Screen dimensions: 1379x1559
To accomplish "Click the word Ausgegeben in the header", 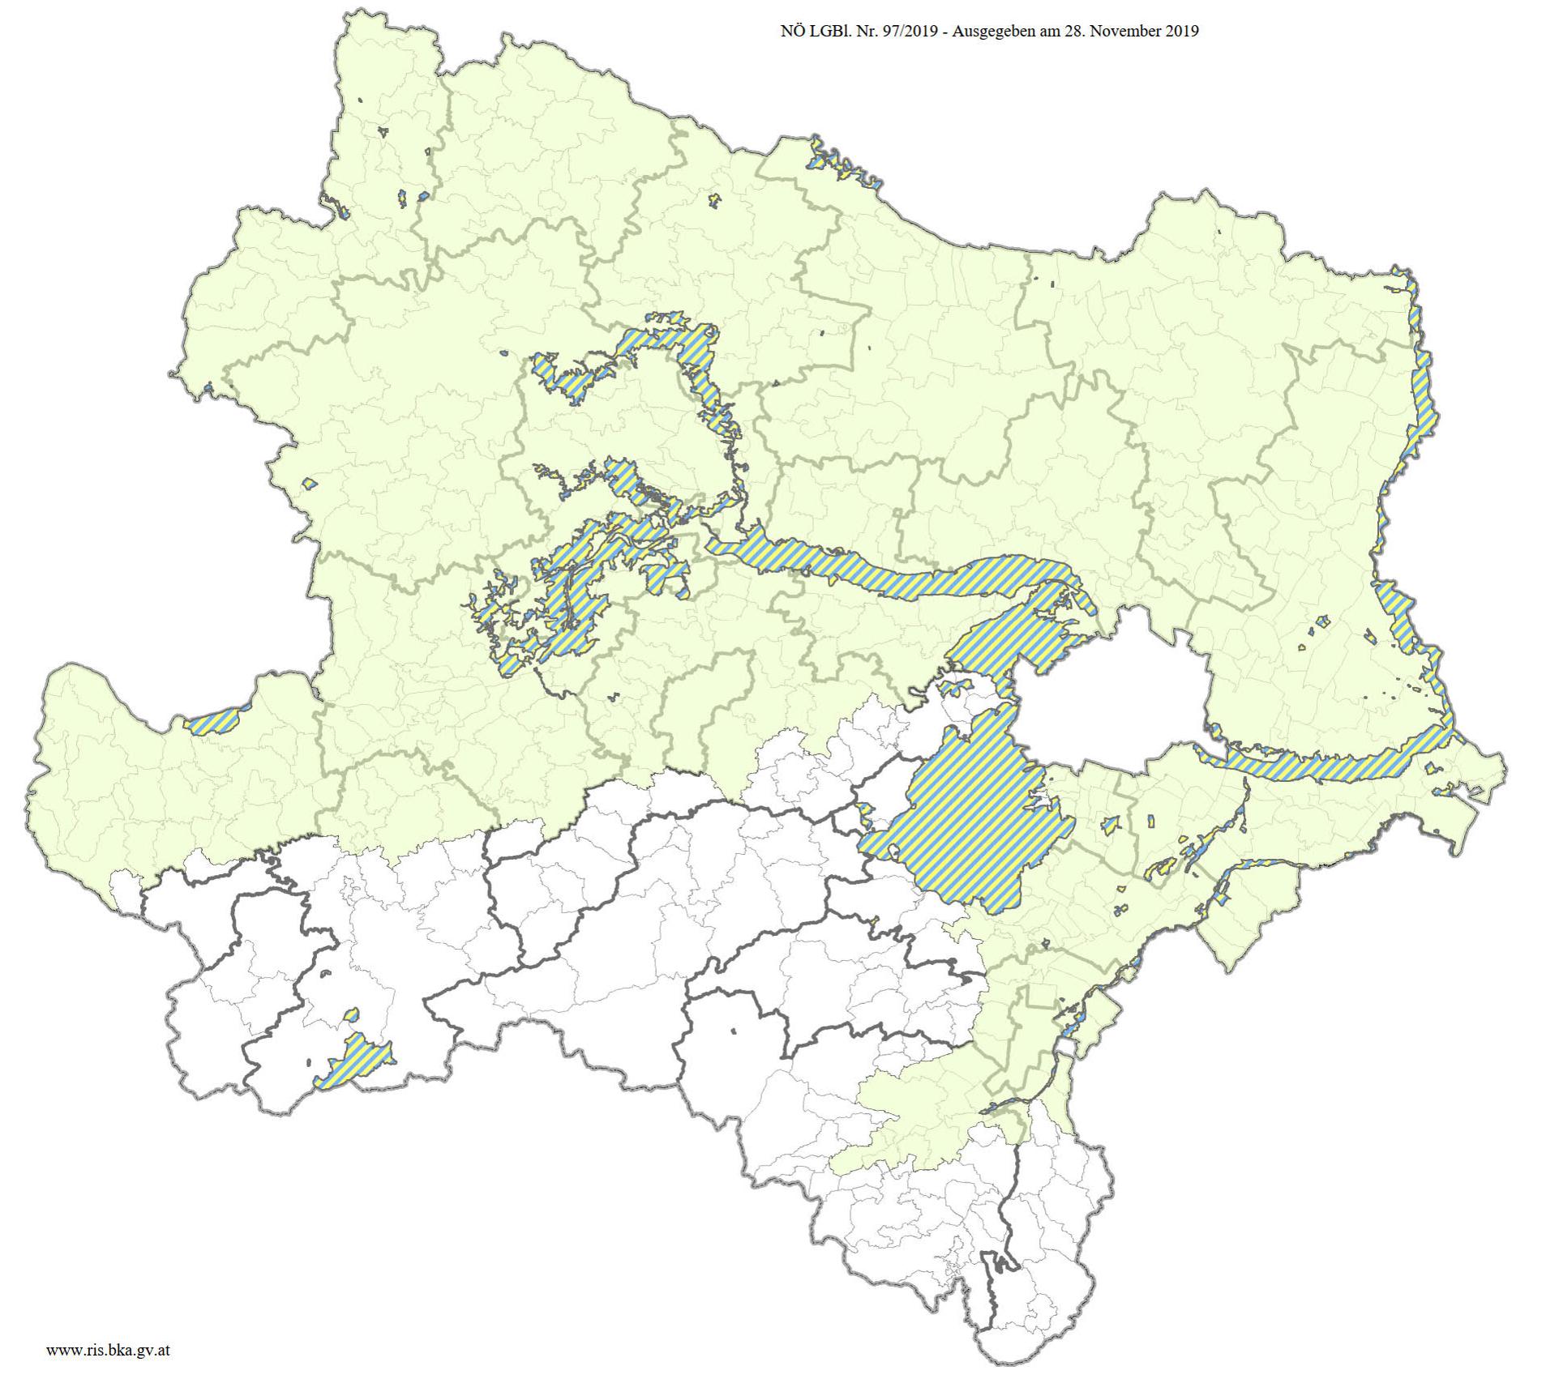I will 991,32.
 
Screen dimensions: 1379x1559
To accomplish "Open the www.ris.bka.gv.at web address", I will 108,1350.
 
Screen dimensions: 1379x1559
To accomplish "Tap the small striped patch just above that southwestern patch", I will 351,1014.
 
